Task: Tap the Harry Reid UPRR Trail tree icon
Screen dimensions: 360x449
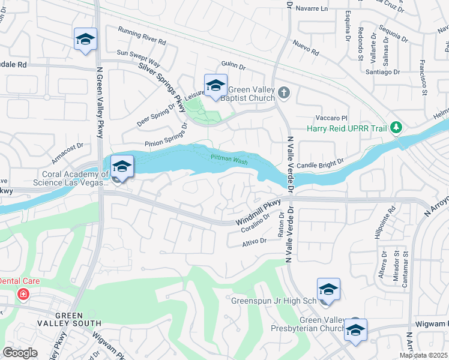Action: point(396,128)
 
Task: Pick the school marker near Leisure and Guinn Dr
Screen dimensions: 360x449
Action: point(215,86)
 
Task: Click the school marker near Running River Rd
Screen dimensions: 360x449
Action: point(85,40)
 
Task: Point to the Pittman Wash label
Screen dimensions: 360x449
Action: point(229,158)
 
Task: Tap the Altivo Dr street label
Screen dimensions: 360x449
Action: point(254,241)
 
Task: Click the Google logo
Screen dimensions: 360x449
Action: point(20,352)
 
